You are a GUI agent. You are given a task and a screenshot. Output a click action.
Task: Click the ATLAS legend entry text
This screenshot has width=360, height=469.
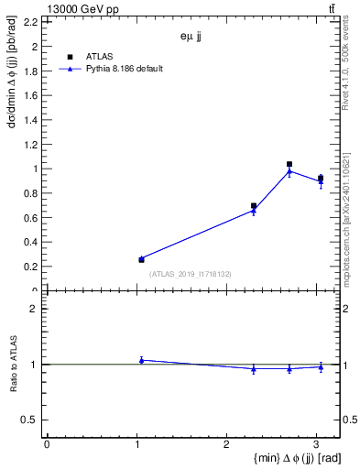[99, 56]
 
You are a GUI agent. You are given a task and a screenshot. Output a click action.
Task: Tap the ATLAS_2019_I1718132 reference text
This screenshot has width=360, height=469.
[190, 274]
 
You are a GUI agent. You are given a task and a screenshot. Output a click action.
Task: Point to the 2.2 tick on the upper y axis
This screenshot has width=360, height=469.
[31, 21]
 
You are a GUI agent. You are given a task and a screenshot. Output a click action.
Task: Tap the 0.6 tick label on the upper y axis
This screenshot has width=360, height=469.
[31, 217]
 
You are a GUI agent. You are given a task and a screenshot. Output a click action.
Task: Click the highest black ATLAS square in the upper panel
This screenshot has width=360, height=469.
[289, 164]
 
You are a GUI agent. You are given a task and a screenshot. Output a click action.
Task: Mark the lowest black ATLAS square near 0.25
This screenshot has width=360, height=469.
[141, 259]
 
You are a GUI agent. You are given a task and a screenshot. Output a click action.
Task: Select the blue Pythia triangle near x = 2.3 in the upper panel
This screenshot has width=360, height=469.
[254, 211]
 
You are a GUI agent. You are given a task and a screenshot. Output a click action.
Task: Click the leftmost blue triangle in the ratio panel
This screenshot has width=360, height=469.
[141, 360]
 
